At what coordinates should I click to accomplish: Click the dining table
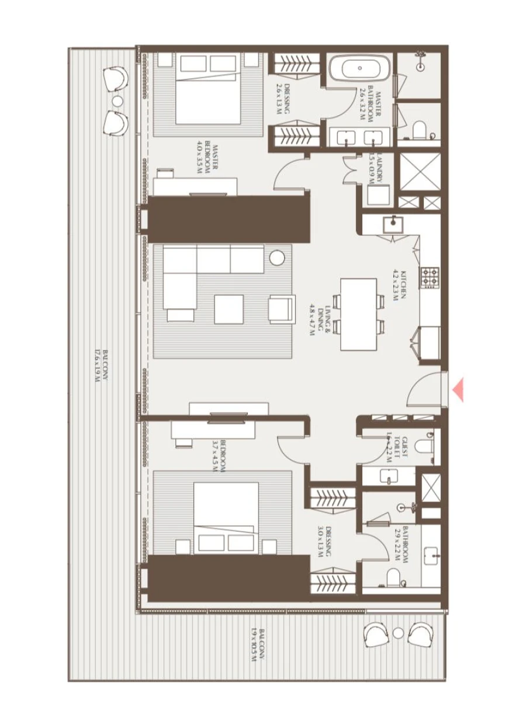(x=358, y=314)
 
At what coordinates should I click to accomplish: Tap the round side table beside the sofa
(x=277, y=258)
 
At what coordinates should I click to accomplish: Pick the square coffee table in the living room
(x=229, y=309)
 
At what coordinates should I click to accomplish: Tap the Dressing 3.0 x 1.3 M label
(x=324, y=541)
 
